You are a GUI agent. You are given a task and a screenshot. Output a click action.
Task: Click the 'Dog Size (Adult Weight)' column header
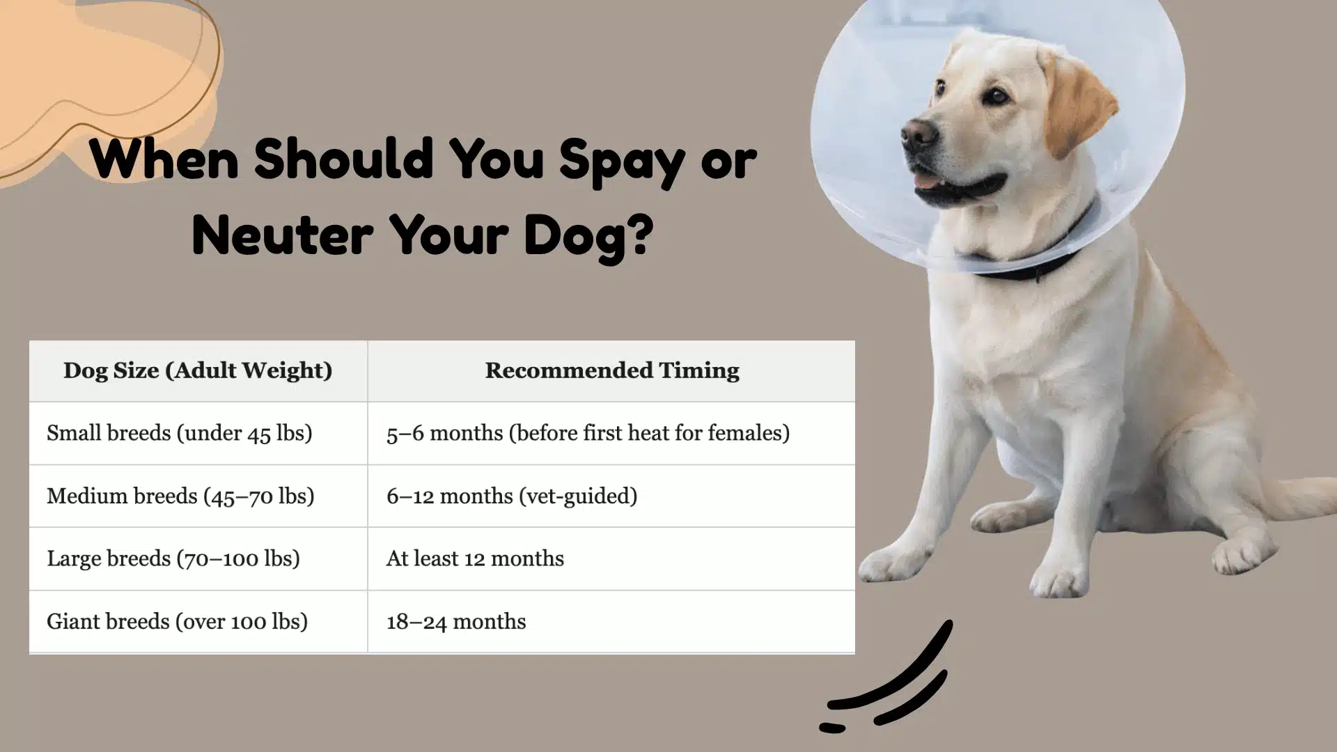tap(198, 370)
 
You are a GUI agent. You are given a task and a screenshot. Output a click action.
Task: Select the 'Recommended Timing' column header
tap(611, 370)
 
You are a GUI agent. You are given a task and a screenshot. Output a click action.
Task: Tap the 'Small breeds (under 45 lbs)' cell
tap(180, 433)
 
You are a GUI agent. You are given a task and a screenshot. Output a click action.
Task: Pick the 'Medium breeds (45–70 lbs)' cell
tap(180, 496)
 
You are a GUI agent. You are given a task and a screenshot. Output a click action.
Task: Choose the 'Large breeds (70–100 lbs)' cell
tap(173, 558)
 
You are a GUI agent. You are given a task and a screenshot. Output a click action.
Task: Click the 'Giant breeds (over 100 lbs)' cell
tap(177, 621)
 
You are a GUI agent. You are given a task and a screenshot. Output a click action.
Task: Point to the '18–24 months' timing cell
tap(456, 621)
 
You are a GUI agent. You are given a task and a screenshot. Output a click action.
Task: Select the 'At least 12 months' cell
tap(475, 558)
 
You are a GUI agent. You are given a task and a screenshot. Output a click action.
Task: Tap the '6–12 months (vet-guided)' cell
tap(512, 496)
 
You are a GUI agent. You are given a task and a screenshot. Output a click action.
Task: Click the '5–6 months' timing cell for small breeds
tap(588, 433)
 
